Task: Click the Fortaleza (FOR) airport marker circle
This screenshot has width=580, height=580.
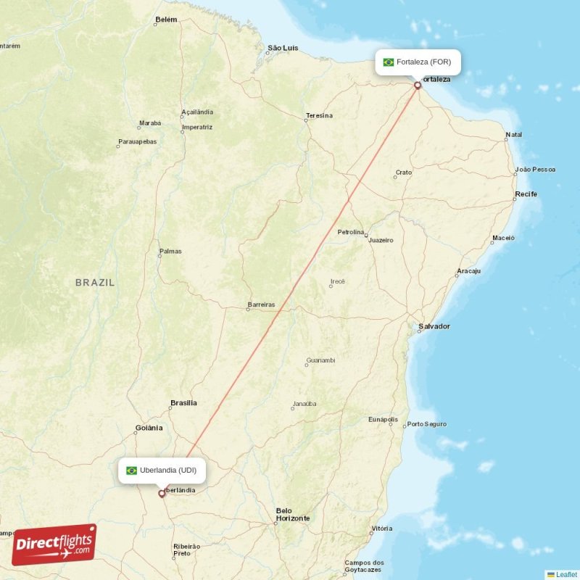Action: tap(418, 86)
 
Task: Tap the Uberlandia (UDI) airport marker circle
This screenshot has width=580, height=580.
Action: tap(162, 494)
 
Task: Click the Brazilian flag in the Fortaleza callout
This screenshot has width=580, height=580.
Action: tap(389, 62)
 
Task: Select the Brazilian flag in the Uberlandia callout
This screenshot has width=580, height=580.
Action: tap(131, 471)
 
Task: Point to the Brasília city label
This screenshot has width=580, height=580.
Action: tap(183, 402)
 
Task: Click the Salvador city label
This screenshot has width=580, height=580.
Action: tap(434, 326)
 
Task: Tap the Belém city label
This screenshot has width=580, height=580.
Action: tap(166, 20)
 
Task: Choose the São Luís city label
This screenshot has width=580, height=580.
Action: tap(283, 48)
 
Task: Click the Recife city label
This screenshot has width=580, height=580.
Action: tap(526, 194)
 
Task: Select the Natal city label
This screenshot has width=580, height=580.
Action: tap(514, 135)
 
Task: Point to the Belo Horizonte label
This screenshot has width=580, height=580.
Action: tap(292, 514)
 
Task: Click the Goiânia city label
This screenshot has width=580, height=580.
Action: tap(149, 428)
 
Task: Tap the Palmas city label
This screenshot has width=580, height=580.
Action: tap(170, 252)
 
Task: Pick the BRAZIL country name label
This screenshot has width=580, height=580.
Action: tap(95, 283)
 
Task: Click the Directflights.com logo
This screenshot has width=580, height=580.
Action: tap(54, 544)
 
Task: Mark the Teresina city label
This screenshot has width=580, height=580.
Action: tap(319, 115)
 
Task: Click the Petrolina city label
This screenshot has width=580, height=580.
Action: tap(351, 232)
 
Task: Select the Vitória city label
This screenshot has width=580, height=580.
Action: tap(381, 529)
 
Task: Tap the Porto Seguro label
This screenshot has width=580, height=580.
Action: tap(427, 424)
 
